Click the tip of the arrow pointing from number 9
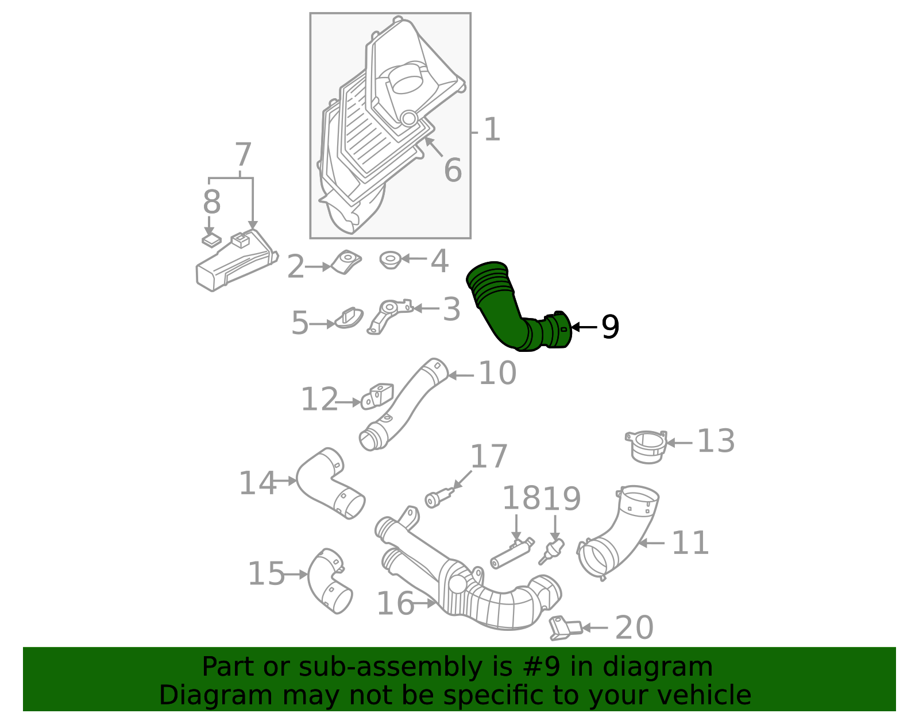click(x=572, y=327)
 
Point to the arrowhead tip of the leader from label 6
click(x=425, y=137)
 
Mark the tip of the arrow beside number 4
click(x=401, y=258)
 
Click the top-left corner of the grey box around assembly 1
click(x=310, y=13)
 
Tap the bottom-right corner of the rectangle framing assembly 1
click(x=470, y=238)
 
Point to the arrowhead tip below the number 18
click(x=516, y=541)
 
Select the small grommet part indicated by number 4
click(x=390, y=260)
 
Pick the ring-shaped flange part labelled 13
click(x=646, y=447)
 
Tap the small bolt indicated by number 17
click(x=439, y=498)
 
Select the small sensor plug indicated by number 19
click(x=552, y=551)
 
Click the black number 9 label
click(x=610, y=327)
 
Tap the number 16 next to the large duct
click(x=395, y=603)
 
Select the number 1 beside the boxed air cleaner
click(x=492, y=129)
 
